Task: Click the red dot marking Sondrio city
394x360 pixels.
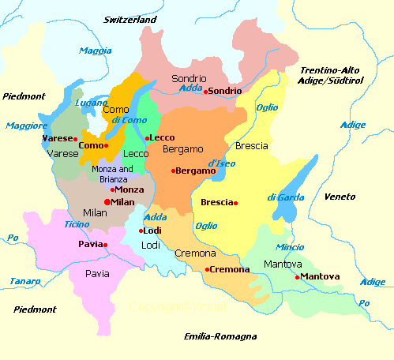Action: point(206,92)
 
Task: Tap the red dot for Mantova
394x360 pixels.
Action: point(297,277)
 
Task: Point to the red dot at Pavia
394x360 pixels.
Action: point(105,245)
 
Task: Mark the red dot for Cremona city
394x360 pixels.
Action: point(207,270)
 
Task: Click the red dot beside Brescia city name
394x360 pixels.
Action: point(235,203)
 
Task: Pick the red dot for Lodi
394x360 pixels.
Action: point(141,231)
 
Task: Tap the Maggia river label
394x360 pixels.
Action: point(96,51)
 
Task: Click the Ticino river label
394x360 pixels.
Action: point(76,224)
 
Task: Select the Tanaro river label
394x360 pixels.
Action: point(24,280)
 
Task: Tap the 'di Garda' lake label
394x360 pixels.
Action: point(283,197)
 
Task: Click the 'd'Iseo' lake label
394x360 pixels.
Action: point(223,163)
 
